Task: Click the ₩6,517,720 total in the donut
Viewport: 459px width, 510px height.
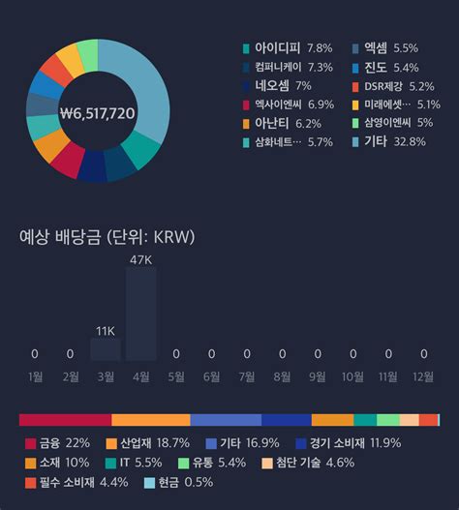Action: (97, 113)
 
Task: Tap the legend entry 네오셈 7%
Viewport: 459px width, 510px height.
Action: (283, 85)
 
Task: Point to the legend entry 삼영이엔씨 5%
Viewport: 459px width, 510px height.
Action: (398, 123)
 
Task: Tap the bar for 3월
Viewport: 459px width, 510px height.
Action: (105, 349)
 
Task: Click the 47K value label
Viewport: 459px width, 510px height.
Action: (140, 258)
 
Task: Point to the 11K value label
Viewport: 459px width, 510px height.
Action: (105, 330)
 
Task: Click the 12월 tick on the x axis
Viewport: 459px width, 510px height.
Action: (423, 375)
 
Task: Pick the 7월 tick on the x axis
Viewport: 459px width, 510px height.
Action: (247, 375)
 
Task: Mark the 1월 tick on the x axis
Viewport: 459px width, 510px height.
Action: (35, 375)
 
